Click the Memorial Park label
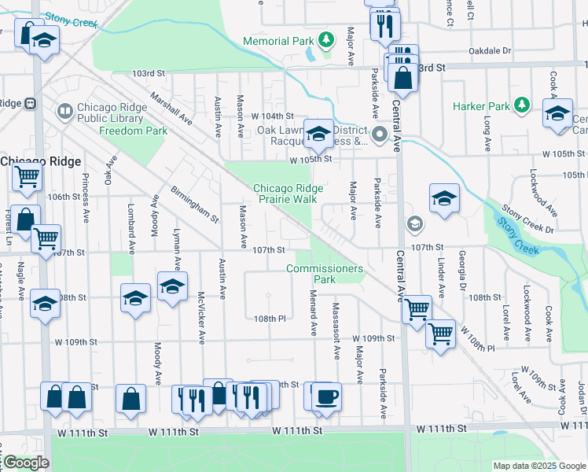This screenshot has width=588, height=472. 279,41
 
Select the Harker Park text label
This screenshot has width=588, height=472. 481,106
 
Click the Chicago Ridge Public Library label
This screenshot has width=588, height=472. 110,113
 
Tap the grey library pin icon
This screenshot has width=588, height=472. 64,112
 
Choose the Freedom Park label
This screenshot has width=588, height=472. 133,130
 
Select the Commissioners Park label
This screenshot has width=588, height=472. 325,274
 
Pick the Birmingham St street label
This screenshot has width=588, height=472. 193,205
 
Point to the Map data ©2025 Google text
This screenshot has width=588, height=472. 538,466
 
